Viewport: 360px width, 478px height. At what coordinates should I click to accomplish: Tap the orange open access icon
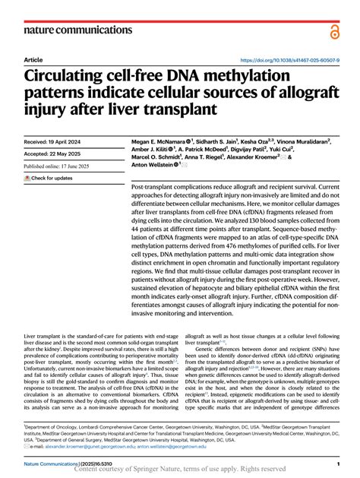(x=334, y=30)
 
